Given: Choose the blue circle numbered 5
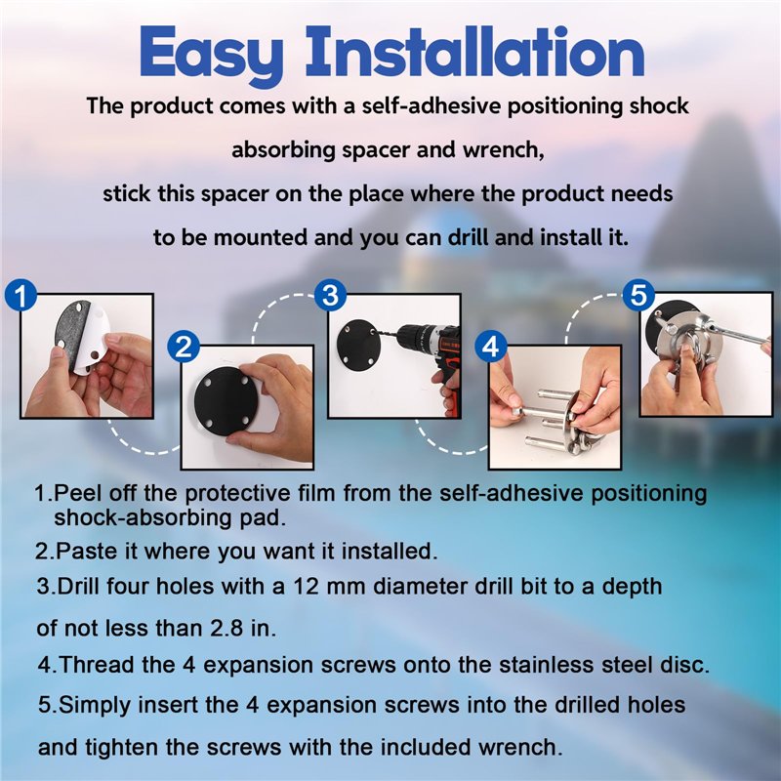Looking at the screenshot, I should point(637,294).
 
